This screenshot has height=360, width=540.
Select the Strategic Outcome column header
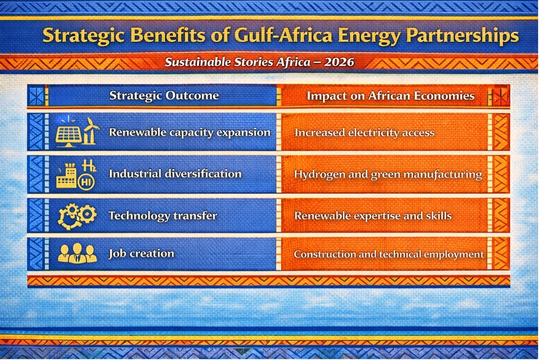tap(164, 96)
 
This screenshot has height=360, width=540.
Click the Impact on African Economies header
tap(391, 96)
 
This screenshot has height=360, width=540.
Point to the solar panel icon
tap(68, 135)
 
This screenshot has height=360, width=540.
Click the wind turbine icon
tap(91, 131)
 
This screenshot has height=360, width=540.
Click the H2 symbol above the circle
tap(89, 166)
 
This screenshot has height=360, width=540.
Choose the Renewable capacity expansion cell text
tap(190, 132)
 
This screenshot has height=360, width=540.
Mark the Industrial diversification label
tap(175, 174)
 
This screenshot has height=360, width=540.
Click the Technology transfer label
tap(163, 216)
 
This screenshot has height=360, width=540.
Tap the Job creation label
tap(141, 253)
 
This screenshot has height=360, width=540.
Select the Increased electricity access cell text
tap(364, 133)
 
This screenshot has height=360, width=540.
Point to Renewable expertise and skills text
tap(373, 216)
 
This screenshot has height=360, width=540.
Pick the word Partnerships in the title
tap(463, 36)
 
